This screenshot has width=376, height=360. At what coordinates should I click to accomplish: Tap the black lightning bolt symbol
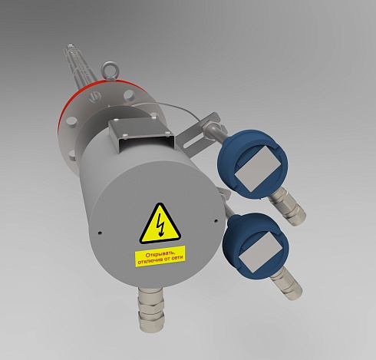point(160,225)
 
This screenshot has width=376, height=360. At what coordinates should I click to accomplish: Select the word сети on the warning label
point(179,258)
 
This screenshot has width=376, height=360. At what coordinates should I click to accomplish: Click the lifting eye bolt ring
point(109,69)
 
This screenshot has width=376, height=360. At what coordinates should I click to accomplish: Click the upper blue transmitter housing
point(252,163)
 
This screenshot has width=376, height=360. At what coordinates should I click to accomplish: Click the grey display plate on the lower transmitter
point(260,252)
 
